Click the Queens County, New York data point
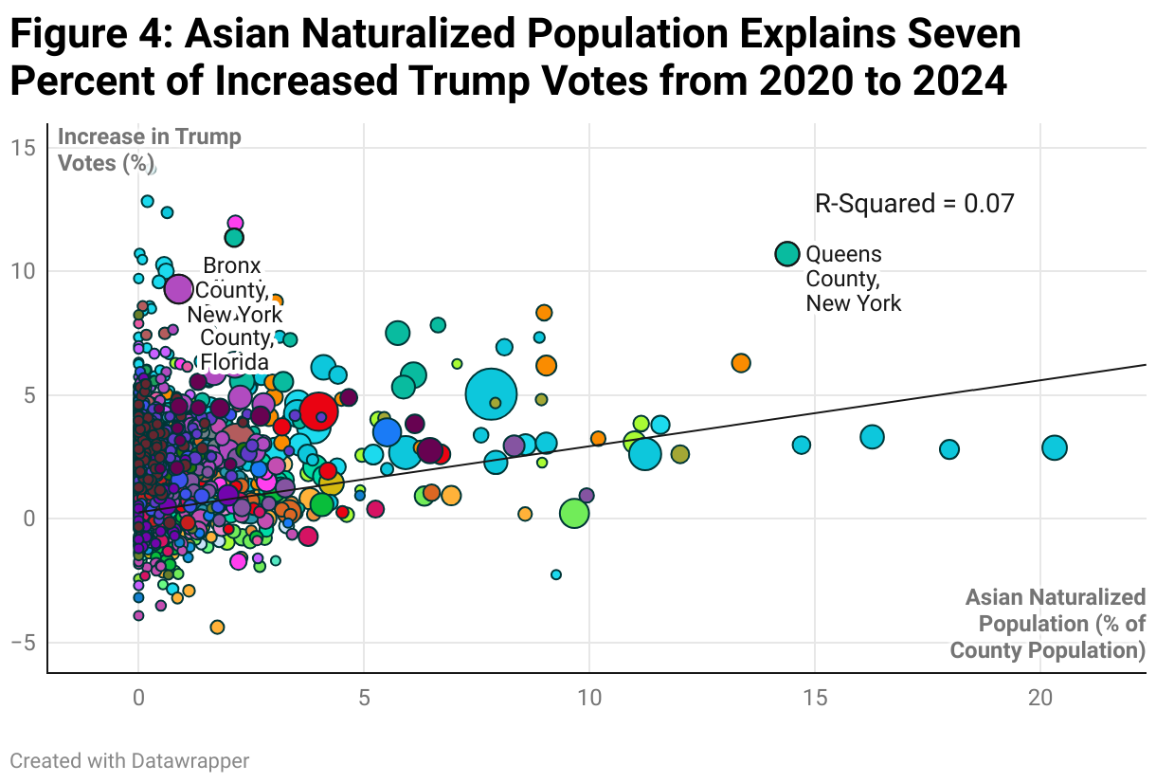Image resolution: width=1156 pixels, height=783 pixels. coord(786,254)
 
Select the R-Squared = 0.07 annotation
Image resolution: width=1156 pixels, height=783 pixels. coord(914,204)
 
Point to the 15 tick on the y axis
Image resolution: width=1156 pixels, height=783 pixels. coord(24,148)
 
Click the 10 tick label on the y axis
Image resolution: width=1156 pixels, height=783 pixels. coord(24,271)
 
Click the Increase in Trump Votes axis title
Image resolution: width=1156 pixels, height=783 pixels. coord(150,150)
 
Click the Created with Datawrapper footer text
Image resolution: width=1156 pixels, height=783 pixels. coord(130,760)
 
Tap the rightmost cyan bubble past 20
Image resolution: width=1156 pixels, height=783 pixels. coord(1054,447)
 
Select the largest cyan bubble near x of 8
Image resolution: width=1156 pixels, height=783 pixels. coord(491,394)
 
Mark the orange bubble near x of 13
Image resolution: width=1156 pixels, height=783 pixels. coord(741,363)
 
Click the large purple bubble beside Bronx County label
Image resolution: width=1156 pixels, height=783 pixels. coord(179,289)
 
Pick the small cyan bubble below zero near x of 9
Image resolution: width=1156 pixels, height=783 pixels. coord(556,574)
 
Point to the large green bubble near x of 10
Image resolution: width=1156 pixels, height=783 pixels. coord(574,513)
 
